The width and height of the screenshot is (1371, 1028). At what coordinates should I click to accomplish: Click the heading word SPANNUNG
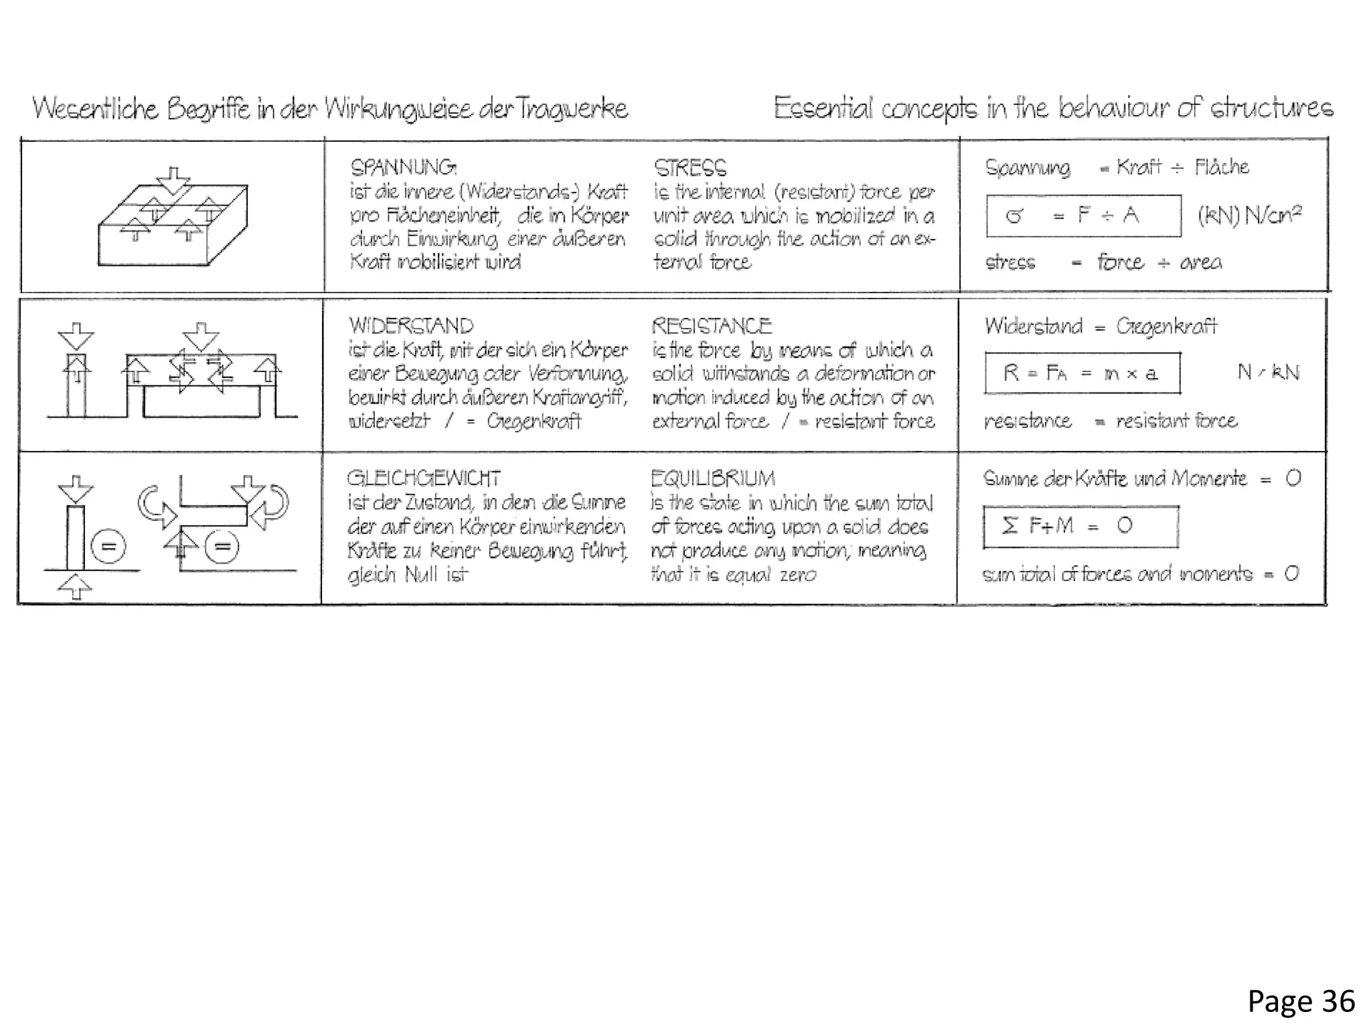point(403,167)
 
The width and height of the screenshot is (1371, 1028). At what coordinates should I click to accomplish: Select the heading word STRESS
point(690,167)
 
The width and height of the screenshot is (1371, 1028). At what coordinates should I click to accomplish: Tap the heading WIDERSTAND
point(410,326)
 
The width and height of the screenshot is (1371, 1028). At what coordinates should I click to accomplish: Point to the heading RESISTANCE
point(711,326)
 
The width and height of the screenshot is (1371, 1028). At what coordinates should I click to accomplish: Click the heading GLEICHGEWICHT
point(423,478)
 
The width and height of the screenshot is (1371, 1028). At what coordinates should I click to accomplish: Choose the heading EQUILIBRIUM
point(712,478)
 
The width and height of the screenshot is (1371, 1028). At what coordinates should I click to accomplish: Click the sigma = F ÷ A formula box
point(1082,216)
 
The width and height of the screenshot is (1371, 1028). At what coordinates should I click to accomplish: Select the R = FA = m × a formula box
point(1082,373)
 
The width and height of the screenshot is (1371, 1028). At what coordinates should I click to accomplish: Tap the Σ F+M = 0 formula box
point(1080,526)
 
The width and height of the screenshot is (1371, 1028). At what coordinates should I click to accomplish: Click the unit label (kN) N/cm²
point(1249,215)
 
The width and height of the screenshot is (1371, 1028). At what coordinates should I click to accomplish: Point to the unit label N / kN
point(1267,371)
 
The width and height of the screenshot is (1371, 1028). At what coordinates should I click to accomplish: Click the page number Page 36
point(1301,1002)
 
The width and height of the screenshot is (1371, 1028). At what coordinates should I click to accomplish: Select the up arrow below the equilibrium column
point(75,588)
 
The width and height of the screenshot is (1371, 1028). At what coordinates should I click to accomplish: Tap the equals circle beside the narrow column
point(108,547)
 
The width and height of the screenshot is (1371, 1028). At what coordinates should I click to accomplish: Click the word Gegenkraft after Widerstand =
point(1165,326)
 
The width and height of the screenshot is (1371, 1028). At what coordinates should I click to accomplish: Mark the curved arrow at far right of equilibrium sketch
point(275,507)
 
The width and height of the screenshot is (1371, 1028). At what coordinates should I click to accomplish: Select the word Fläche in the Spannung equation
point(1221,167)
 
